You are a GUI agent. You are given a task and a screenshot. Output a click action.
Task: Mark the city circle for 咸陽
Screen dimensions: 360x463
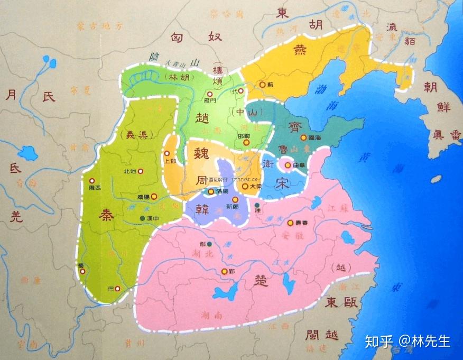154,197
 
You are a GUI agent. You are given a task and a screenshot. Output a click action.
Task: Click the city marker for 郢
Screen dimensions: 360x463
224,272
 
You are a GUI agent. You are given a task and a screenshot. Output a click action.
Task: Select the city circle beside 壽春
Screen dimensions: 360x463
290,223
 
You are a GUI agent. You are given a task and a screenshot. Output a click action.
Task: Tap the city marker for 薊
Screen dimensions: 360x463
263,85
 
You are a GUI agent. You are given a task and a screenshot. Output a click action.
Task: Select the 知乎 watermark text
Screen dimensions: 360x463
378,341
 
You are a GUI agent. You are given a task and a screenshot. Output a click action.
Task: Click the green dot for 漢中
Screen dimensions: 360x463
142,217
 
